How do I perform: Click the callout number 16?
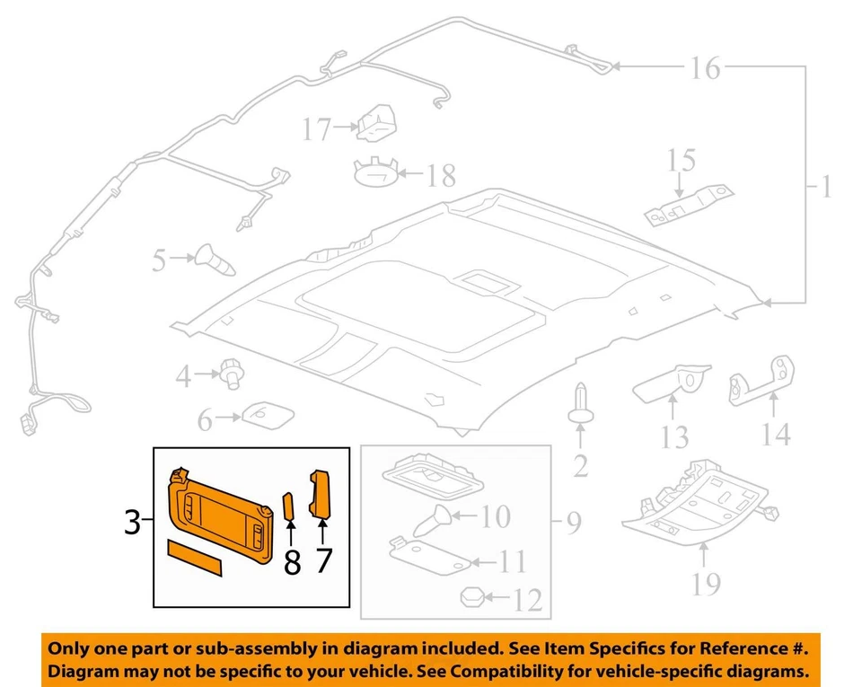(706, 68)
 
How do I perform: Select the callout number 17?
(316, 130)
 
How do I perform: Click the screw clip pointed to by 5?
(215, 260)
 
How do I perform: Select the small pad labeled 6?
(265, 415)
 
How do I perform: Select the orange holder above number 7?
(321, 493)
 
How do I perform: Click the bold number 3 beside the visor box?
(133, 521)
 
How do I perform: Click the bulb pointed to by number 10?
(430, 519)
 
